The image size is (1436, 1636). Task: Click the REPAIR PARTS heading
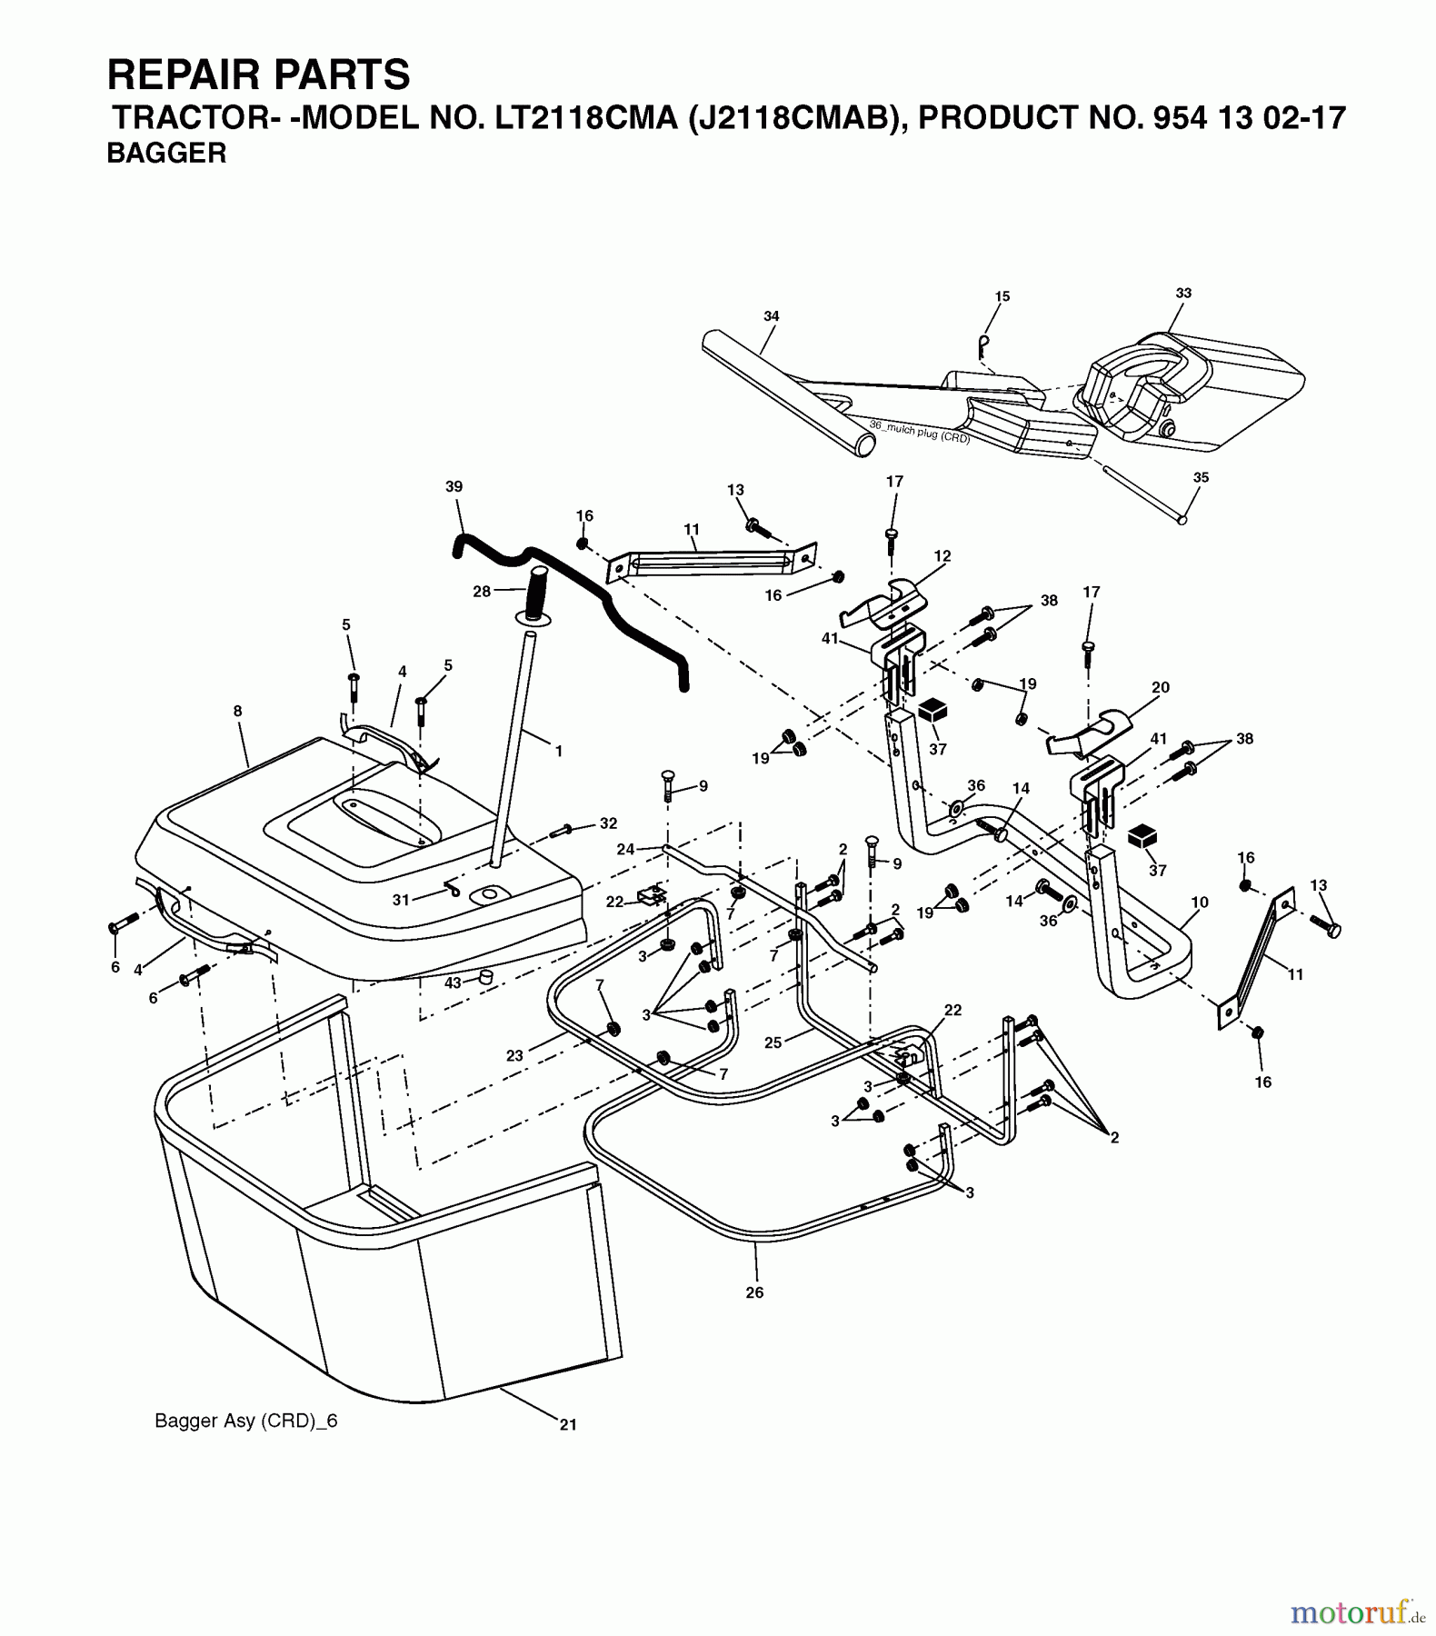click(258, 75)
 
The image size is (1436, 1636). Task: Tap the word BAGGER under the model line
click(166, 154)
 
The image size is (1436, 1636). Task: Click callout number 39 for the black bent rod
click(454, 486)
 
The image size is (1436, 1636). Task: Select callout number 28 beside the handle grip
click(482, 592)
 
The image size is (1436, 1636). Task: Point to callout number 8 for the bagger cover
click(238, 712)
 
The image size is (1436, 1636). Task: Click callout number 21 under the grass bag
click(568, 1425)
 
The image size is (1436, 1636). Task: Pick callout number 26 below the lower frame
click(754, 1292)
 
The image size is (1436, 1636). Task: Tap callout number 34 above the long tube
click(771, 316)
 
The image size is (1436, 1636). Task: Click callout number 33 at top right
click(1183, 293)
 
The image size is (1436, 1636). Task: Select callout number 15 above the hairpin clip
click(1002, 296)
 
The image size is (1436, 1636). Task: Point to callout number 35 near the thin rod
click(1202, 477)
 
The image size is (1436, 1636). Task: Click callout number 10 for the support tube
click(1200, 903)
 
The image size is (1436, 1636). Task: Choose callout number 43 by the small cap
click(453, 983)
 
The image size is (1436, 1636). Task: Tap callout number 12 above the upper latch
click(942, 555)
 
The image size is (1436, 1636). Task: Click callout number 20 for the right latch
click(1161, 688)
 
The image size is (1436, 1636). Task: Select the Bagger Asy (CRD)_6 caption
click(245, 1422)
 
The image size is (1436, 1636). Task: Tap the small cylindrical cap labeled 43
click(485, 977)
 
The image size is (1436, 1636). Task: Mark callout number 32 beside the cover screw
click(608, 823)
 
